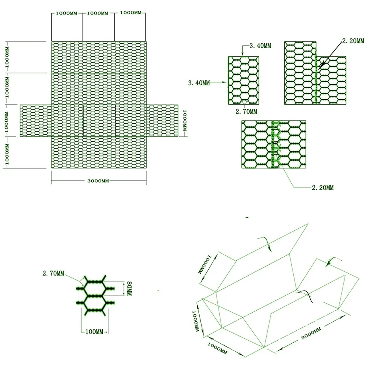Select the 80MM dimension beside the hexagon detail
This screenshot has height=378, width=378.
(127, 289)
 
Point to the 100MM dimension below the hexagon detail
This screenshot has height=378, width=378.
(94, 332)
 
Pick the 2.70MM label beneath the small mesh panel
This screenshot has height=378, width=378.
(246, 111)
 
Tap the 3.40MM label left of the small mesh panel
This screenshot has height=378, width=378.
(199, 83)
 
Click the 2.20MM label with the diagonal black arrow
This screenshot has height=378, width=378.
(353, 41)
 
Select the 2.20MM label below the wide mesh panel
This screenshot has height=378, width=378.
(322, 188)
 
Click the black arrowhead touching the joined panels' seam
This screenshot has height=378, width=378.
(321, 67)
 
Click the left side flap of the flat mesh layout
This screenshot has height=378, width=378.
(35, 120)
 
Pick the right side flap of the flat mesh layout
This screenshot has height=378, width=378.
(162, 120)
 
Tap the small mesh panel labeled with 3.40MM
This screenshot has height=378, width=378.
(243, 80)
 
